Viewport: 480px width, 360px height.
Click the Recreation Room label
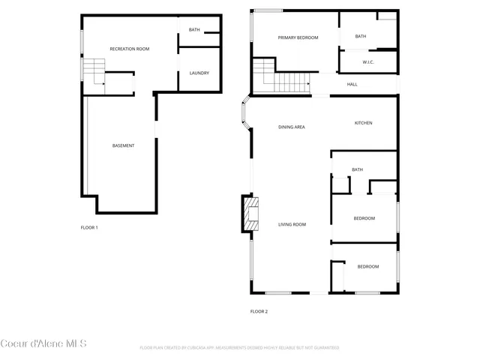pyautogui.click(x=130, y=49)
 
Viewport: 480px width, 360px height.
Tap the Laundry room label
pyautogui.click(x=199, y=73)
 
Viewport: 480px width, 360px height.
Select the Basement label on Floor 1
pyautogui.click(x=123, y=145)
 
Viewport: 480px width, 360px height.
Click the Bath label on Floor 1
pyautogui.click(x=194, y=30)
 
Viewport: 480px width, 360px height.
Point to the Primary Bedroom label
pyautogui.click(x=298, y=37)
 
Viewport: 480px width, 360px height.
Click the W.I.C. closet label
pyautogui.click(x=368, y=62)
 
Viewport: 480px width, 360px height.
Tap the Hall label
pyautogui.click(x=352, y=84)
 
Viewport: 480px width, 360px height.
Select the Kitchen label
pyautogui.click(x=363, y=123)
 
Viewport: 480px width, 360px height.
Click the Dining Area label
pyautogui.click(x=291, y=127)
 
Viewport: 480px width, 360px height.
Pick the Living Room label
pyautogui.click(x=292, y=224)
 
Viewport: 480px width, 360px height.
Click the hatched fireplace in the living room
pyautogui.click(x=250, y=216)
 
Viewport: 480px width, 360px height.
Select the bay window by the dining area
pyautogui.click(x=244, y=116)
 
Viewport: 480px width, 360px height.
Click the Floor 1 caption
pyautogui.click(x=89, y=227)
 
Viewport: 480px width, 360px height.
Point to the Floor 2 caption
pyautogui.click(x=259, y=311)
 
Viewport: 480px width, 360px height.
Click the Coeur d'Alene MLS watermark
pyautogui.click(x=43, y=344)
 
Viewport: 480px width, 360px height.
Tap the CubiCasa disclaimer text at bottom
pyautogui.click(x=239, y=348)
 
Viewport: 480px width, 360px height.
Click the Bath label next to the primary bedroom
pyautogui.click(x=360, y=36)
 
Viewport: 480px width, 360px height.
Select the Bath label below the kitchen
pyautogui.click(x=357, y=169)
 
